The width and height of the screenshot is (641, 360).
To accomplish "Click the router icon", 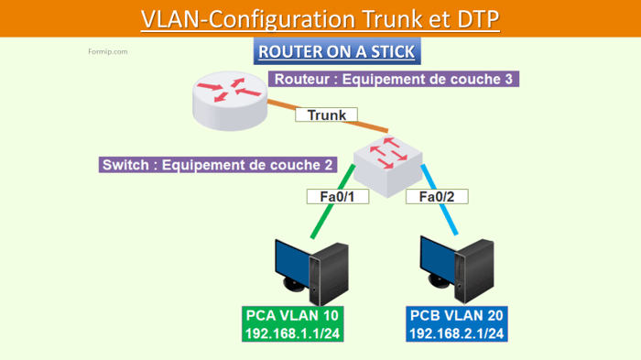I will pyautogui.click(x=230, y=98).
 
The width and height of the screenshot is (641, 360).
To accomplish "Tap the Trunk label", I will pyautogui.click(x=327, y=115).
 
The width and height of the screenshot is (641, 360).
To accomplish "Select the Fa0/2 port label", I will pyautogui.click(x=442, y=196).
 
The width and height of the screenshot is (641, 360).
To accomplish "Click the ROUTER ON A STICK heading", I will pyautogui.click(x=336, y=51).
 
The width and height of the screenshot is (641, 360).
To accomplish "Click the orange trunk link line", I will pyautogui.click(x=365, y=126).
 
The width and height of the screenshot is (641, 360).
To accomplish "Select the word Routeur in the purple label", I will pyautogui.click(x=304, y=79).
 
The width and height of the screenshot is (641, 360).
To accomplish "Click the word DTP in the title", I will pyautogui.click(x=475, y=19).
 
